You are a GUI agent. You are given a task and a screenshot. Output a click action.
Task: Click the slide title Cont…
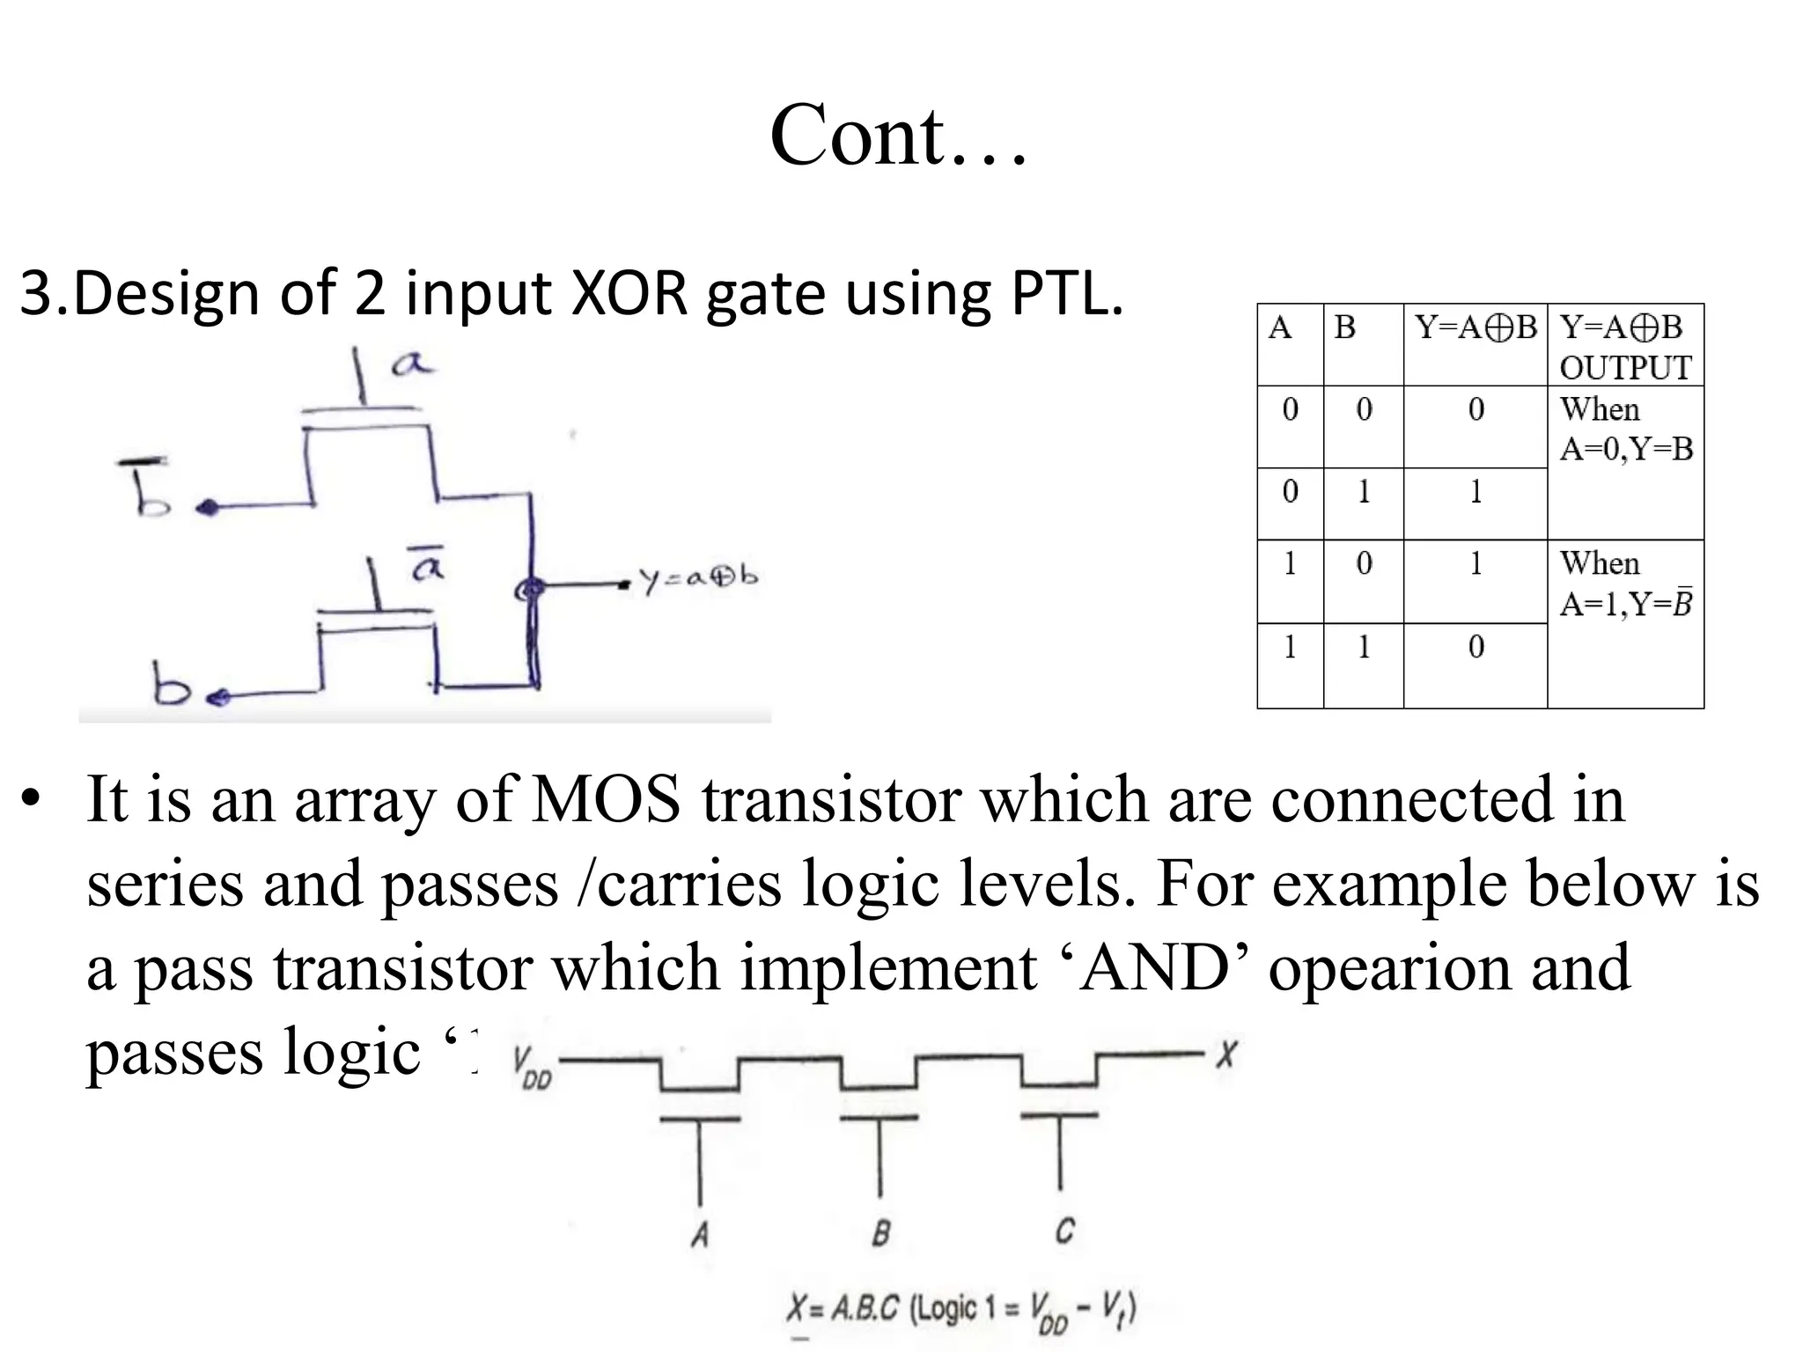(x=898, y=136)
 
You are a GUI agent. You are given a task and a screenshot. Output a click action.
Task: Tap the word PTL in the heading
(x=1065, y=294)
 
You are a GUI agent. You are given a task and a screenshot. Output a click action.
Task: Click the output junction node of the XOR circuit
(x=530, y=588)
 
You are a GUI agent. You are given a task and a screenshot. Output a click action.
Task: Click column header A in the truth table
(x=1280, y=328)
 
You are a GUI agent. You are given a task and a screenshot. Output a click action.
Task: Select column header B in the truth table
(x=1344, y=328)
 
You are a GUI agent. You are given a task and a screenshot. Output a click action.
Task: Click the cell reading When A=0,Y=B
(x=1625, y=430)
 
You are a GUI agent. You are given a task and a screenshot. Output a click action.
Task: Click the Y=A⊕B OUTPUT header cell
(x=1625, y=347)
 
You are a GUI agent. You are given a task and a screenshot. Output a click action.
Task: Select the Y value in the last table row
(x=1476, y=647)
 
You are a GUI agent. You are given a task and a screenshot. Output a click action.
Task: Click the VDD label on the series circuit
(x=531, y=1068)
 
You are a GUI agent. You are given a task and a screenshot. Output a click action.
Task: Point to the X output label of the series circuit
(x=1226, y=1054)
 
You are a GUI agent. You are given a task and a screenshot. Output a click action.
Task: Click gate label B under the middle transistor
(x=880, y=1233)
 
